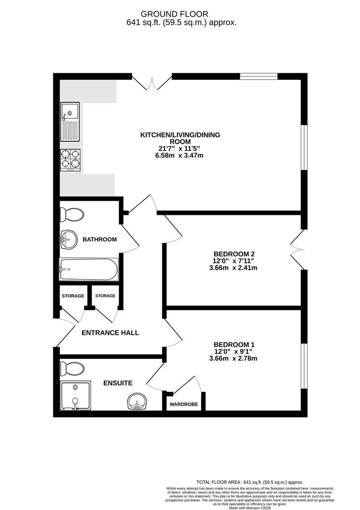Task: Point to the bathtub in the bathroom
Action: (89, 269)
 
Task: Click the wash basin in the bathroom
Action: (68, 240)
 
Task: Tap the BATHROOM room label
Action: (100, 239)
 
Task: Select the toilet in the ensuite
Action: (72, 368)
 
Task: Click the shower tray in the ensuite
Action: (75, 396)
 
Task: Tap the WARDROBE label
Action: (184, 405)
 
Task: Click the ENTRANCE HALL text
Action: (110, 332)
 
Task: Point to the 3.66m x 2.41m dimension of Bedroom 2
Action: (233, 268)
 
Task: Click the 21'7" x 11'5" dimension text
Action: (180, 148)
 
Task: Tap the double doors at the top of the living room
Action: (152, 83)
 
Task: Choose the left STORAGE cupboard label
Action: (73, 296)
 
